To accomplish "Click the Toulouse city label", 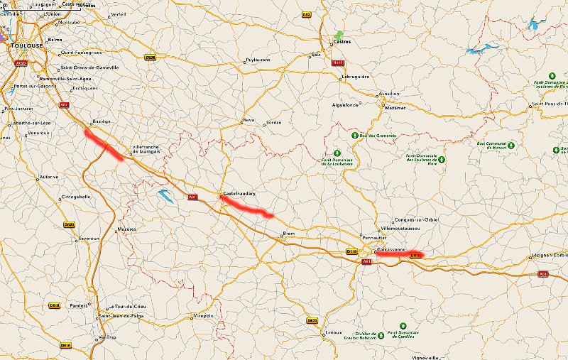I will [23, 45].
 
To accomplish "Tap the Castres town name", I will [343, 41].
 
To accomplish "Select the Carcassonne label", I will [391, 249].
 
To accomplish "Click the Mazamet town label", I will [393, 108].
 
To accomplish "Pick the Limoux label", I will [333, 332].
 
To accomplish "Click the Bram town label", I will [289, 233].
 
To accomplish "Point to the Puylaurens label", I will [258, 60].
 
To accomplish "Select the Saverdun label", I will [89, 238].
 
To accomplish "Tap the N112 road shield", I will [339, 62].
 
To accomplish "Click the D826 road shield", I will [150, 58].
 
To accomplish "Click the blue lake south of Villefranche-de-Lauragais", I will [165, 195].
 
